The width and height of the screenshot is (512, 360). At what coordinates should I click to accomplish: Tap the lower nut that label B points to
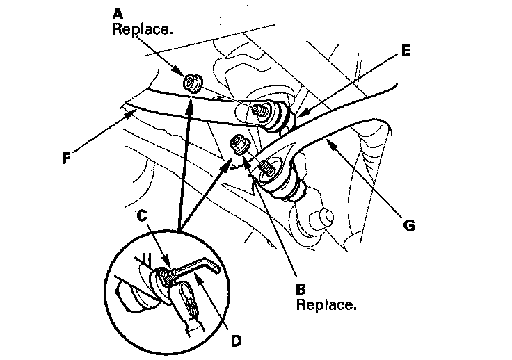[240, 145]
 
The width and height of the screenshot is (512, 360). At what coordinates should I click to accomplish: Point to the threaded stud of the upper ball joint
[264, 110]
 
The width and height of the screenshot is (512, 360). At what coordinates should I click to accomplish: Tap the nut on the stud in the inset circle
[166, 277]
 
